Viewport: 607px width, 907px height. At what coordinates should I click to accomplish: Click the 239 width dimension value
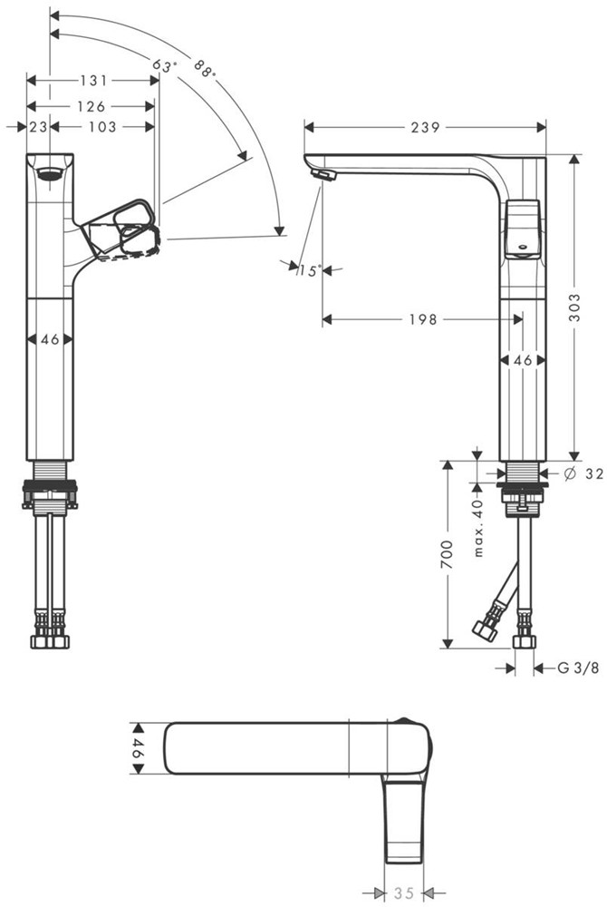(x=426, y=127)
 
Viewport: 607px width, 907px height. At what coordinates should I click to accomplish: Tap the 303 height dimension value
(x=574, y=307)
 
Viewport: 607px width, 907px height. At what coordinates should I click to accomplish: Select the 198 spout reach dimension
(x=423, y=319)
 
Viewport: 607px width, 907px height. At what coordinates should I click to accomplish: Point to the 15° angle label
(x=309, y=270)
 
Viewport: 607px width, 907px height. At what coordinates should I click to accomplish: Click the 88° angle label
(x=205, y=69)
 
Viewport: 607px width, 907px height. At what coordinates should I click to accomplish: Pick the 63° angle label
(x=164, y=65)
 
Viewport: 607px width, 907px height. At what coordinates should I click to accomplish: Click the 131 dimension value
(x=93, y=81)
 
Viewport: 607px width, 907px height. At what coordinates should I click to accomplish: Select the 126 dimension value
(x=92, y=106)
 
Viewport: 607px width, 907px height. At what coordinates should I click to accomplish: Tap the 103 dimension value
(x=102, y=127)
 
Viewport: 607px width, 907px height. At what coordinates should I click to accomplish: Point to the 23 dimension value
(x=38, y=127)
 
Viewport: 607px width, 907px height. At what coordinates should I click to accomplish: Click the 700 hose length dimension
(x=448, y=554)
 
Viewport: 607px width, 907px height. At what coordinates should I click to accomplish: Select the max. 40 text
(x=477, y=527)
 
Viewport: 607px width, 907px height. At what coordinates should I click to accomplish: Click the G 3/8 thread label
(x=578, y=668)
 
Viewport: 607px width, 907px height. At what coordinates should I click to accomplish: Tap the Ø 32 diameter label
(x=583, y=473)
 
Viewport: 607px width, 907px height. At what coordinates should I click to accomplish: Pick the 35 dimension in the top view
(x=404, y=893)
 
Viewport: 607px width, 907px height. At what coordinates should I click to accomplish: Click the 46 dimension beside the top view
(x=139, y=748)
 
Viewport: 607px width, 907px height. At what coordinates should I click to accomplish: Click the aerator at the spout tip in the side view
(x=323, y=175)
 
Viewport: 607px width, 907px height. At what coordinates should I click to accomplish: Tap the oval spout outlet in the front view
(x=50, y=173)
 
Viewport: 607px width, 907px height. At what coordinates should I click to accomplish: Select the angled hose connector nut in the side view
(x=484, y=629)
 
